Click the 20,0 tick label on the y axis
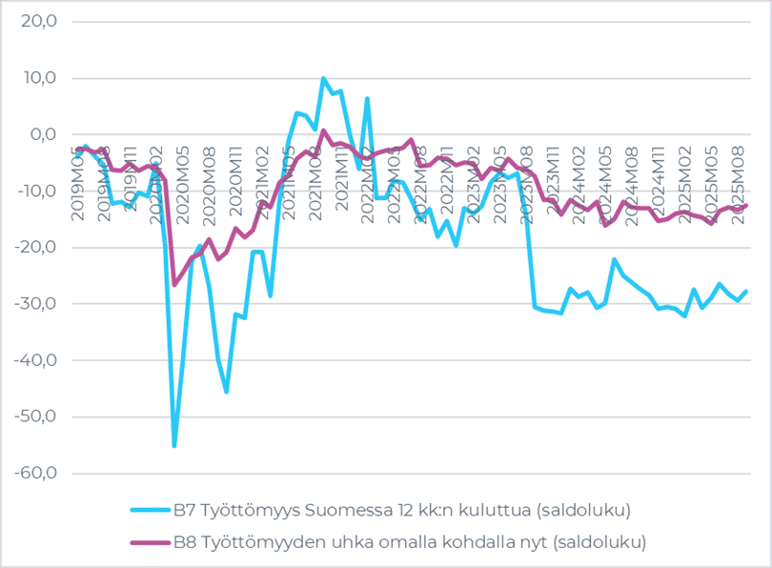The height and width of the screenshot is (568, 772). tap(37, 21)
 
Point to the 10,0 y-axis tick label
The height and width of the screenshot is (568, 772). tap(37, 77)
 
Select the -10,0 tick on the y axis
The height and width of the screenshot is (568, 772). tap(35, 191)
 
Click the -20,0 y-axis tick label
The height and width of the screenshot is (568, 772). tap(35, 247)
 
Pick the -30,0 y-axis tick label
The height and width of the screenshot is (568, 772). tap(35, 304)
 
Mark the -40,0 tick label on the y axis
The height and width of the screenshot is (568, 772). tap(35, 360)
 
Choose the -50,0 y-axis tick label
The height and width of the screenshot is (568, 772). tap(35, 416)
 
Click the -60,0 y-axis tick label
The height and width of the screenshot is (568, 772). tap(35, 474)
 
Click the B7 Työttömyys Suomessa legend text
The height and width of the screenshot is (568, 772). tap(401, 510)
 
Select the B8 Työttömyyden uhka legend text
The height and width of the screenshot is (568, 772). tap(409, 542)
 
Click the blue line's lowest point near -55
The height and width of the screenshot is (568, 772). tap(174, 445)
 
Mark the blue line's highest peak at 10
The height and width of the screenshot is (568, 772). tap(324, 78)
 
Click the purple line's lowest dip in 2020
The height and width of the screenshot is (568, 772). tap(174, 284)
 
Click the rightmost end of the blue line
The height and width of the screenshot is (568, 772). tap(745, 291)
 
